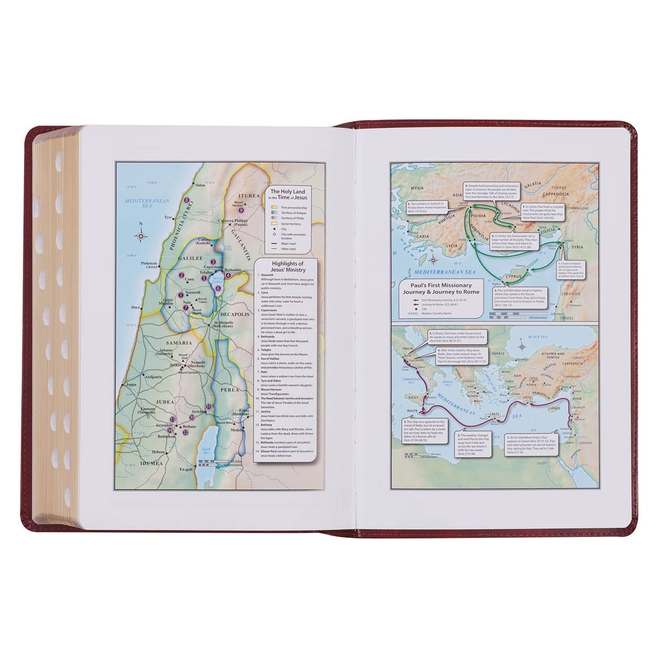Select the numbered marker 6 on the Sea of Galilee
click(218, 288)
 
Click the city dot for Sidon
click(193, 185)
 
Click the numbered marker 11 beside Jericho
click(208, 406)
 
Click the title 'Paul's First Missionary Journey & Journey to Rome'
click(440, 288)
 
